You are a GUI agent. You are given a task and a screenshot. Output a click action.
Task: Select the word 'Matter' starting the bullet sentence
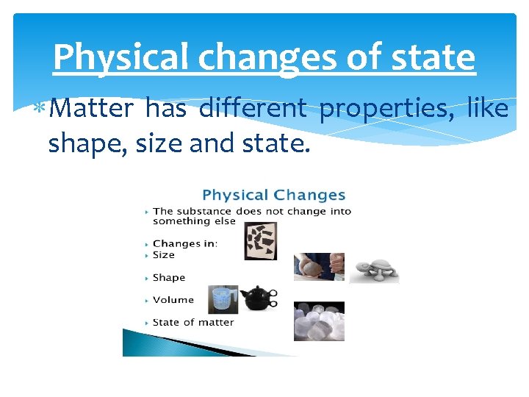[x=93, y=109]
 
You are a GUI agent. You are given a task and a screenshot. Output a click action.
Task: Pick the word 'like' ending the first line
[x=487, y=109]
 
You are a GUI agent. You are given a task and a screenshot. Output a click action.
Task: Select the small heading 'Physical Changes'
[x=273, y=196]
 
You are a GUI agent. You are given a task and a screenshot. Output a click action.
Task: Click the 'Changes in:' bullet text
[x=186, y=243]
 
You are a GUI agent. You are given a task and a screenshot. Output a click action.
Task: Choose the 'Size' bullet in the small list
[x=164, y=255]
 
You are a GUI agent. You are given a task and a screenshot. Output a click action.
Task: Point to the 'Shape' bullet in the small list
[x=169, y=278]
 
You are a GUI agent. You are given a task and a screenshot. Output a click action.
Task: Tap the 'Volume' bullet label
[x=173, y=300]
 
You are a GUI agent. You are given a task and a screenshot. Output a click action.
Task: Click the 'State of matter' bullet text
[x=193, y=322]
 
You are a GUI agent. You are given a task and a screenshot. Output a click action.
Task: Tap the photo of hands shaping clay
[x=319, y=266]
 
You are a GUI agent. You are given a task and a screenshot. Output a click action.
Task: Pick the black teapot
[x=259, y=298]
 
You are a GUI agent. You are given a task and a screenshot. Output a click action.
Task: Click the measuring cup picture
[x=223, y=300]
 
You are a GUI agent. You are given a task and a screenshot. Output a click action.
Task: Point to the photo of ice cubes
[x=319, y=321]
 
